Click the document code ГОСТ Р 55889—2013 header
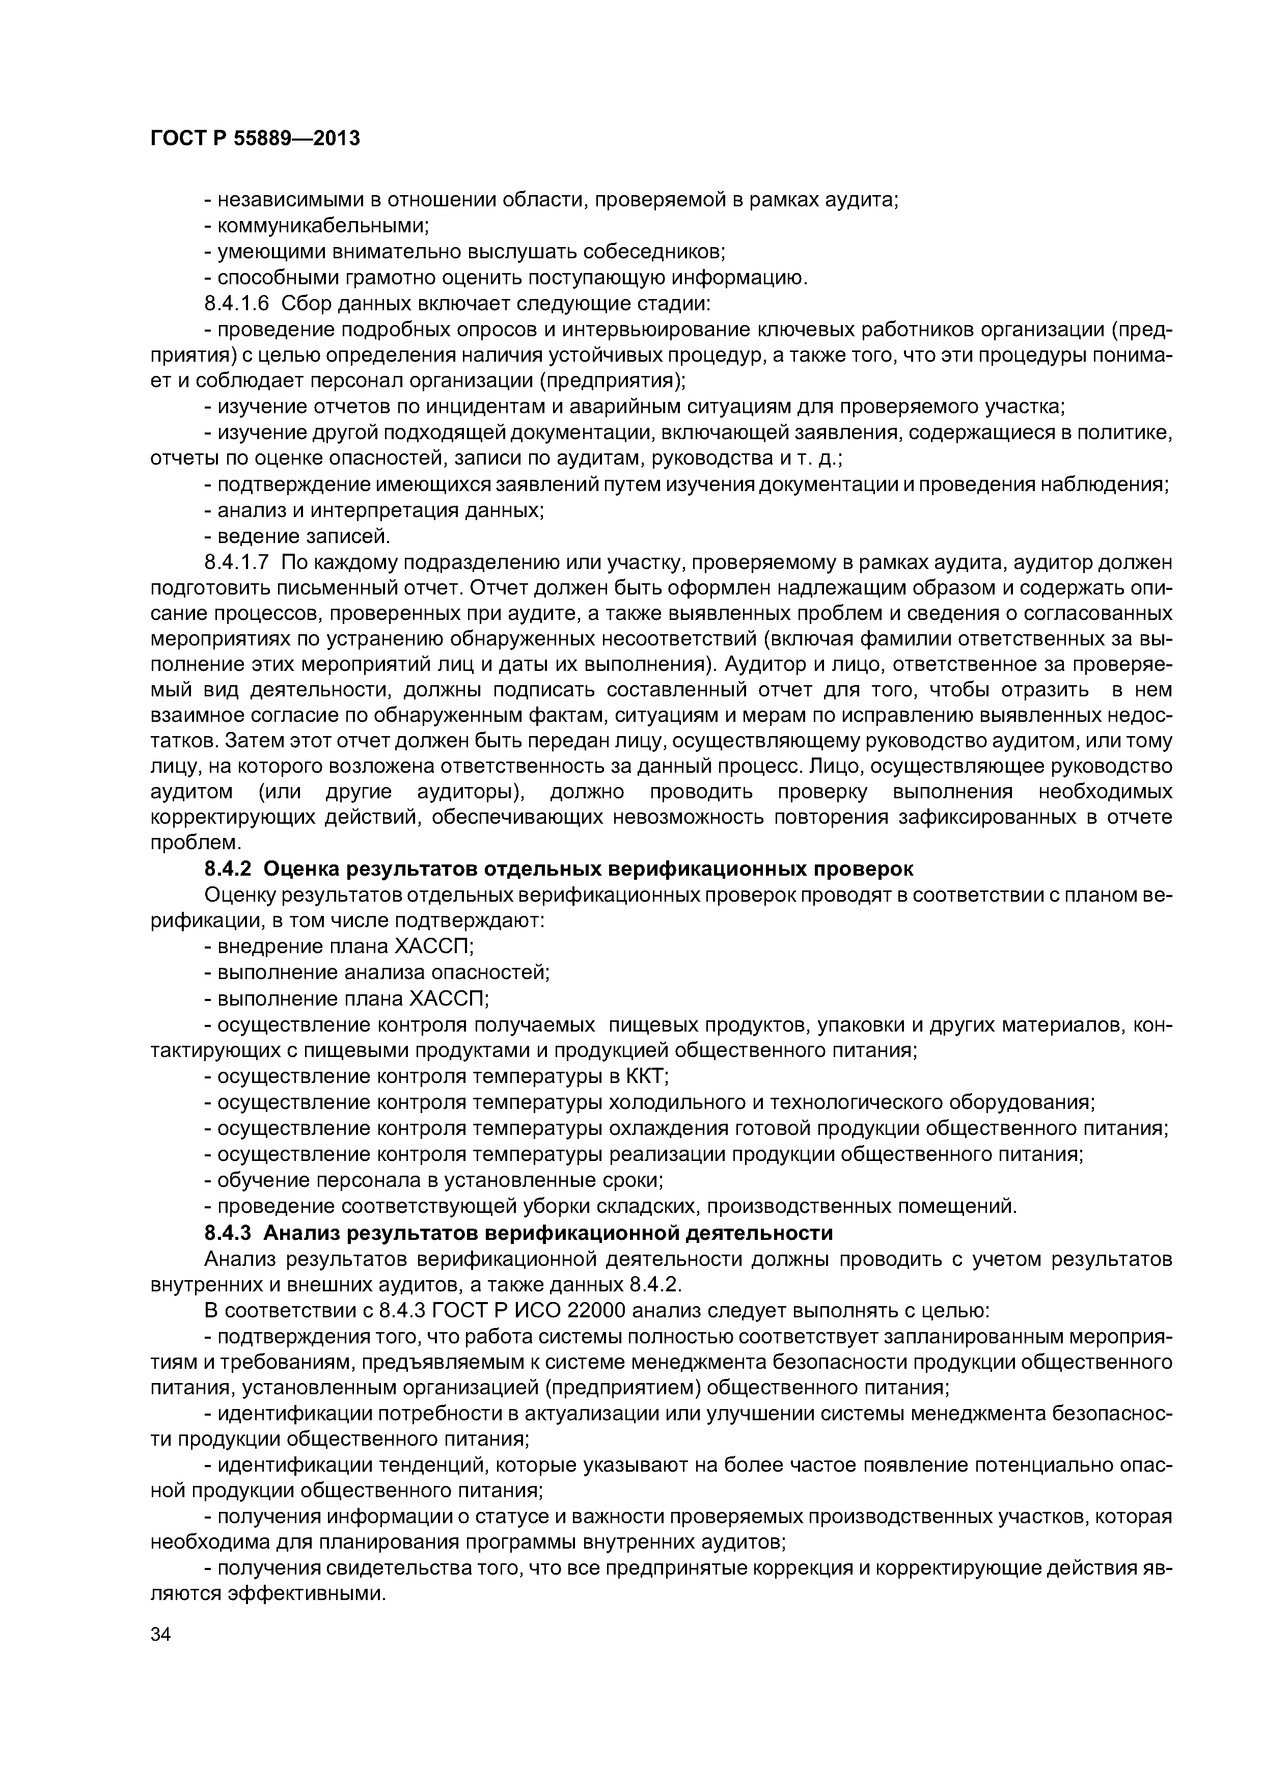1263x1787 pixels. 255,139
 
